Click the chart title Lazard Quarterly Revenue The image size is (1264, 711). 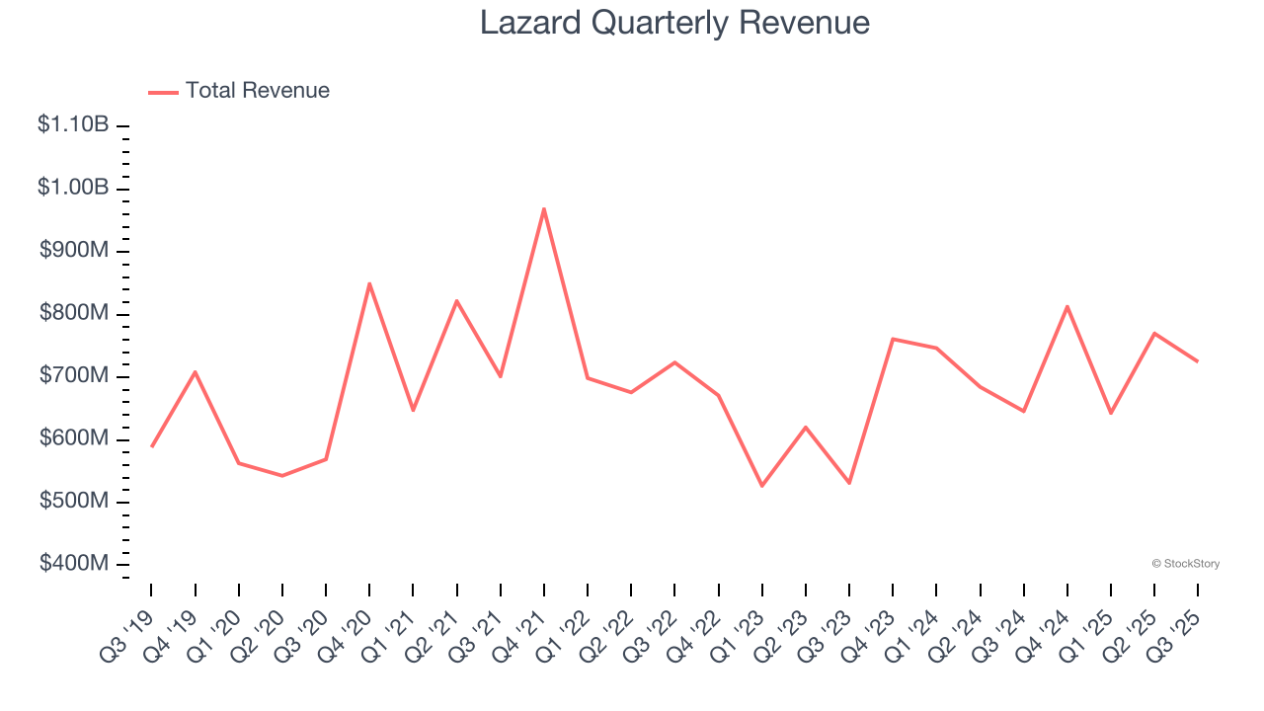(x=674, y=23)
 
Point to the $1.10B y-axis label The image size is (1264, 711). (x=73, y=125)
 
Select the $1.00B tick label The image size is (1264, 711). (x=73, y=188)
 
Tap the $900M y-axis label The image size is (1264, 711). (x=74, y=251)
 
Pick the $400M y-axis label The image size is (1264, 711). (x=74, y=564)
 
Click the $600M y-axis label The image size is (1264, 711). (x=74, y=438)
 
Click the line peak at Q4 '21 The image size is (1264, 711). (x=544, y=208)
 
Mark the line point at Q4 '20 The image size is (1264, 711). (x=369, y=283)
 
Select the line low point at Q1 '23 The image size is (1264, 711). (x=761, y=486)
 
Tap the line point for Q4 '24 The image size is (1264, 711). (x=1067, y=306)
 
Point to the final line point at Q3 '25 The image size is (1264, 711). (x=1198, y=361)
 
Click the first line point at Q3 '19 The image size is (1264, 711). (x=151, y=446)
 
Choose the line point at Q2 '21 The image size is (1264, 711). (x=456, y=300)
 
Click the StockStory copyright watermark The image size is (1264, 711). (x=1185, y=564)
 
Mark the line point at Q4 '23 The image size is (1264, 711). (x=893, y=339)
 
